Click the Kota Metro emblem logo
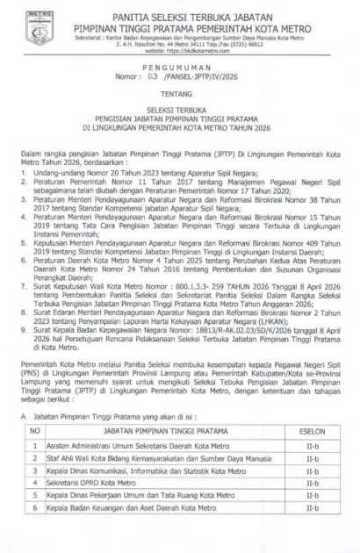pyautogui.click(x=39, y=28)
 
